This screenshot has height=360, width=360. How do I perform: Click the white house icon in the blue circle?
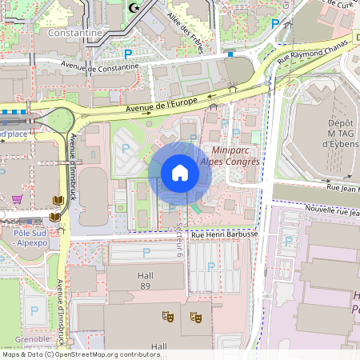tap(180, 173)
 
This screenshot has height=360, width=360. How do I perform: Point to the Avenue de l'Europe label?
tap(160, 106)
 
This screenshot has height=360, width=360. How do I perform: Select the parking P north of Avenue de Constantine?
tap(128, 54)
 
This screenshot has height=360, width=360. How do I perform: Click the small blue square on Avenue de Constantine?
tap(230, 54)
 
